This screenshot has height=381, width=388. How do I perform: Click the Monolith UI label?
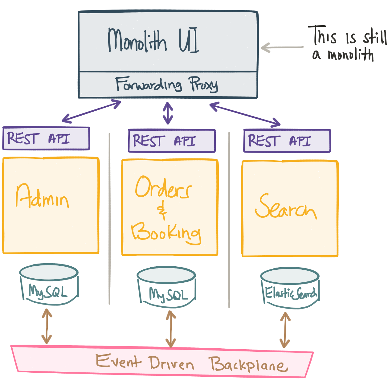click(153, 40)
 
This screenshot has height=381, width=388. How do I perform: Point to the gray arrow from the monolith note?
click(282, 47)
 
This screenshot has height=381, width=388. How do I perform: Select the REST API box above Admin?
click(46, 138)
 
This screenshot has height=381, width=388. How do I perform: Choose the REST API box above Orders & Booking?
click(172, 141)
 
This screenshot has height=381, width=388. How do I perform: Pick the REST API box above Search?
click(287, 141)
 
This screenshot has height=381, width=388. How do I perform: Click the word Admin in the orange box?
click(43, 197)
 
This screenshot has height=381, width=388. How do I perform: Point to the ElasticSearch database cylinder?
click(290, 288)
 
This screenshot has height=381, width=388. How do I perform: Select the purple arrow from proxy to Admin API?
click(92, 111)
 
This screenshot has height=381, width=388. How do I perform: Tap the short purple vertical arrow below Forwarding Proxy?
click(168, 113)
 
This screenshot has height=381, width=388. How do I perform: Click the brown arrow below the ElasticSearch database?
click(285, 330)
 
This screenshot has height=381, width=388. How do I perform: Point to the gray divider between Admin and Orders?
click(109, 219)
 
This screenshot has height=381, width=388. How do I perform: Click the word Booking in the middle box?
click(166, 233)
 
